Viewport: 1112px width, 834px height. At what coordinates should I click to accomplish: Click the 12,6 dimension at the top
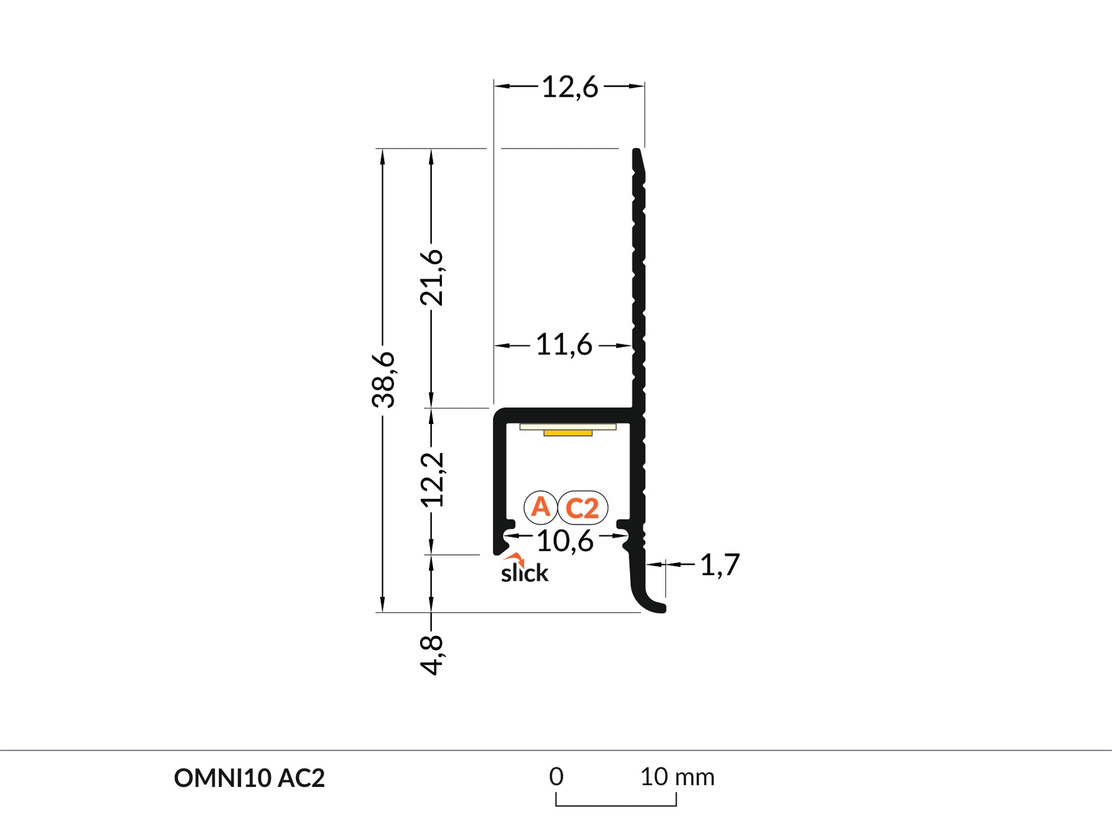point(569,87)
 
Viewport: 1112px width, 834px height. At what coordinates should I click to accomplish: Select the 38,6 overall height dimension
point(383,379)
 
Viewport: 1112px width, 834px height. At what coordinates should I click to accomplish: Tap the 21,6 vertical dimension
point(432,277)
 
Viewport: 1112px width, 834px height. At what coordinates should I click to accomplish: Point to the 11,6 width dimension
point(563,344)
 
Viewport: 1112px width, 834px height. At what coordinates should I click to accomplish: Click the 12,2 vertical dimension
point(432,480)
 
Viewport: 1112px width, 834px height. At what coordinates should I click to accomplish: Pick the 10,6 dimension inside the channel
point(565,540)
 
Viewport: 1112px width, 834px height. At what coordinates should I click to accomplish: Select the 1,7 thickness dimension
point(719,565)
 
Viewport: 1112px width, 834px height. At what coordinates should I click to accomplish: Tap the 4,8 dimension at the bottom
point(432,655)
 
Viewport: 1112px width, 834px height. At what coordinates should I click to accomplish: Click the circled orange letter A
point(540,507)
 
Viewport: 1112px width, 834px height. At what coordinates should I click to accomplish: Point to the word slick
point(524,573)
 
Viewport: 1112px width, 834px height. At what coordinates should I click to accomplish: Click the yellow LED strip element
point(568,433)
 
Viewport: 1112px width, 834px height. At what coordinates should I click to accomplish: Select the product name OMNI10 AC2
point(249,778)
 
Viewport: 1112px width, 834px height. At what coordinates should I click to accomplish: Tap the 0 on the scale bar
point(556,776)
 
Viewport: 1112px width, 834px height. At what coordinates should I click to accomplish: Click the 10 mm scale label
point(677,777)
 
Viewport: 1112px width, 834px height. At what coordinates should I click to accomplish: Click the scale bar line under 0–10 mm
point(616,805)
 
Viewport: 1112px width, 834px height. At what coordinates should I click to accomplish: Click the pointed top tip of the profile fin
point(637,152)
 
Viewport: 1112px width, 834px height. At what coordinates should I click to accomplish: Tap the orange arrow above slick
point(516,557)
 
